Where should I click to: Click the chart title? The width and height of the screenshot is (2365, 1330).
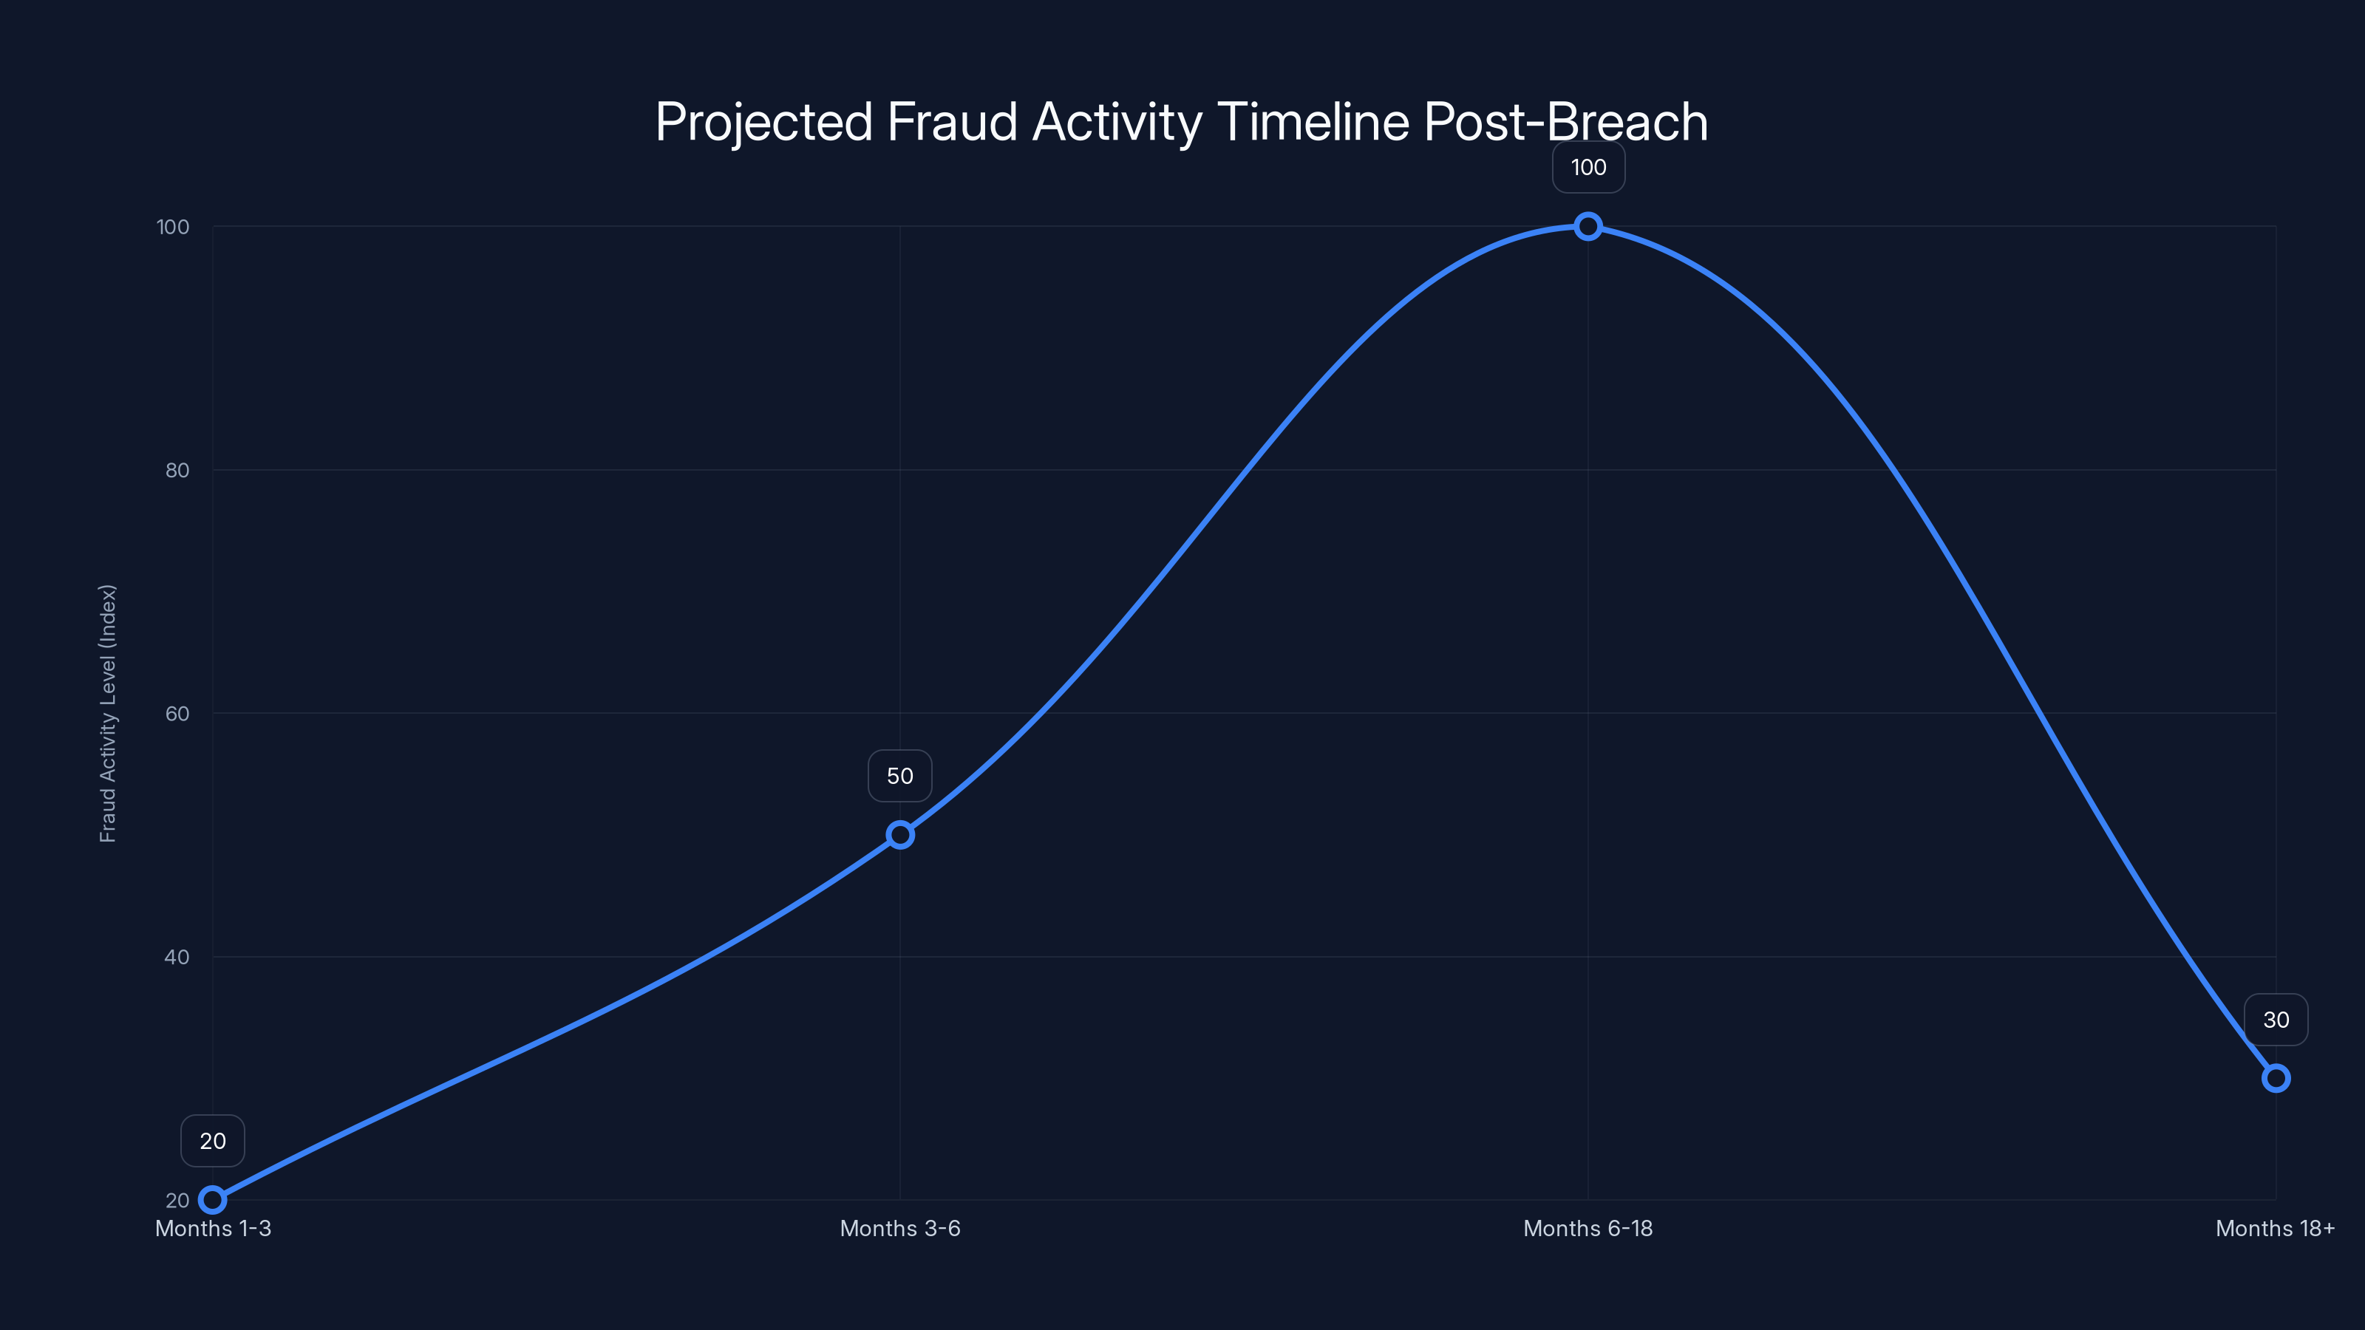(1182, 122)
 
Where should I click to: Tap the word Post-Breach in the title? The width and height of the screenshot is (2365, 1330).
(1565, 122)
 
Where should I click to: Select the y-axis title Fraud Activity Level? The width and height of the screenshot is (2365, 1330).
(109, 713)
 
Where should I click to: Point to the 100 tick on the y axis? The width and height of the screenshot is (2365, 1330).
(173, 227)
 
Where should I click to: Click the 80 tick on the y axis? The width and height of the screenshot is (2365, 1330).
(177, 470)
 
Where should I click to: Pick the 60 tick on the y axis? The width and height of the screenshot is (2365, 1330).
(177, 713)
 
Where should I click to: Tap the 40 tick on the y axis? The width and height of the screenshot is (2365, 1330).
(177, 956)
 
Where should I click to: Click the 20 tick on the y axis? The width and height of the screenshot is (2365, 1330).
(177, 1200)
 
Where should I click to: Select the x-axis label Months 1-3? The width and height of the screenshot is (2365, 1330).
(213, 1228)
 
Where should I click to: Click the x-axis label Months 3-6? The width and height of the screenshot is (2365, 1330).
(899, 1228)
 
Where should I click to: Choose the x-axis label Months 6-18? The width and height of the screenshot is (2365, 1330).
(1588, 1228)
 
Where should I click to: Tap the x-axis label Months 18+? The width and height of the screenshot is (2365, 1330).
(2274, 1228)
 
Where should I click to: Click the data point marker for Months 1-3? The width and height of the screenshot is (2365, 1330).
(213, 1200)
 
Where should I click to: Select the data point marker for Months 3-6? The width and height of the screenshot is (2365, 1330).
(899, 834)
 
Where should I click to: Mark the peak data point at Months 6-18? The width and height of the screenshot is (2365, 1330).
(1588, 227)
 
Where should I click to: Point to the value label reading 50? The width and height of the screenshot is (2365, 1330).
(899, 776)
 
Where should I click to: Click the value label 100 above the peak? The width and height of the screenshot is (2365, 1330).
(1588, 167)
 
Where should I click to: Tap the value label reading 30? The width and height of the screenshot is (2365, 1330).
(2275, 1020)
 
